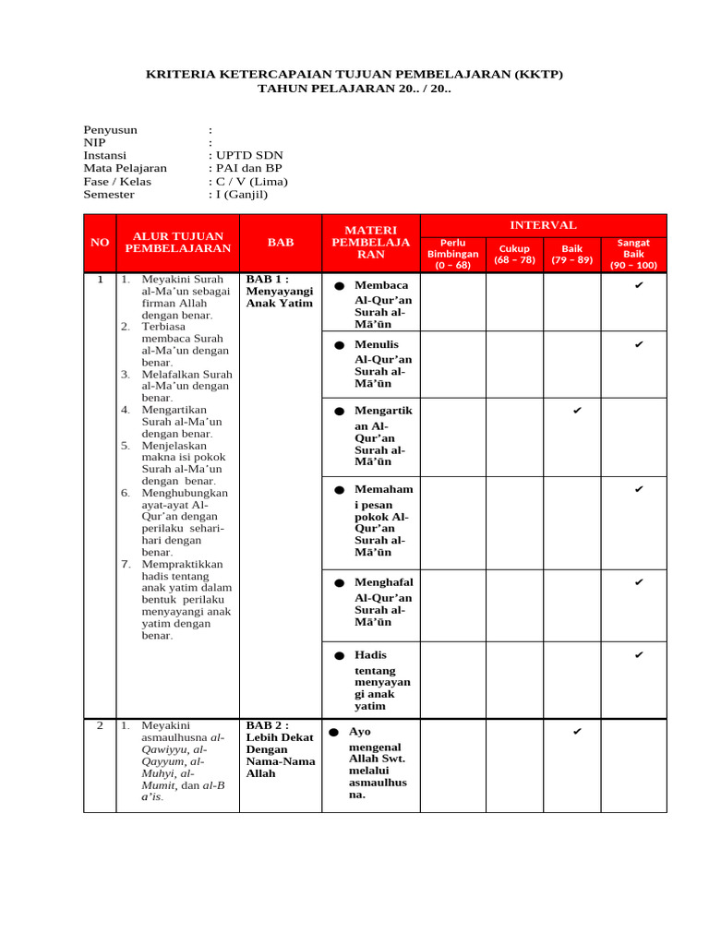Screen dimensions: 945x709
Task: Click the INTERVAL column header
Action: (543, 225)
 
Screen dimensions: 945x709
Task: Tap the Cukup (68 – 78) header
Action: (514, 254)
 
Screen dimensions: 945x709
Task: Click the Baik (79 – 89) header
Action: (572, 254)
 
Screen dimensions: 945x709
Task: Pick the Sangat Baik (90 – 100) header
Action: (633, 254)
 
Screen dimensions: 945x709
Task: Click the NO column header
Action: (100, 242)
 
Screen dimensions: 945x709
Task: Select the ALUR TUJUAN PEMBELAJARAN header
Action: (177, 242)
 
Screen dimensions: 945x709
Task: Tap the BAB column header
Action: (281, 242)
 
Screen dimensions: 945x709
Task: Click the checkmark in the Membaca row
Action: (638, 286)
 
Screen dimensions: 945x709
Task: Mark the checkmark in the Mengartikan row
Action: (577, 410)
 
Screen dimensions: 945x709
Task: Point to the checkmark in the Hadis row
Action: (638, 655)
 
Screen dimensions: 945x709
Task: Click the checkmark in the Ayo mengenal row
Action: (577, 732)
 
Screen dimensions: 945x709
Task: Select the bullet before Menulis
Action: (339, 345)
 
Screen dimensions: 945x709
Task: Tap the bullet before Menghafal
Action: (339, 583)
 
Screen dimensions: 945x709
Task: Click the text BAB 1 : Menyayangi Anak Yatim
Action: (280, 291)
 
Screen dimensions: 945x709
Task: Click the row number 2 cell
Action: (100, 726)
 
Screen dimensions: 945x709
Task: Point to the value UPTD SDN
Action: (248, 156)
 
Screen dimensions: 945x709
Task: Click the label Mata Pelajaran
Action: (126, 169)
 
